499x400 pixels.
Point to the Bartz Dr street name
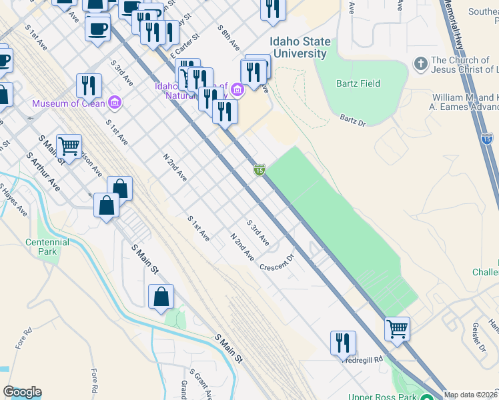coord(354,120)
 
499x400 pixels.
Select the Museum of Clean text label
coord(68,103)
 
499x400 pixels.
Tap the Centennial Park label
coord(47,247)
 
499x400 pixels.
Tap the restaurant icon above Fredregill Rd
coord(343,343)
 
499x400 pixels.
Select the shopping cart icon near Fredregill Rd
coord(397,329)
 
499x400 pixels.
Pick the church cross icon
coord(420,64)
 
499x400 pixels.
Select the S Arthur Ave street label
coord(43,172)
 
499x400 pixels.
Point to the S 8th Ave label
coord(229,39)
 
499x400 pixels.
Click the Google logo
coord(22,392)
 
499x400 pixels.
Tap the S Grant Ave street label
coord(200,383)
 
